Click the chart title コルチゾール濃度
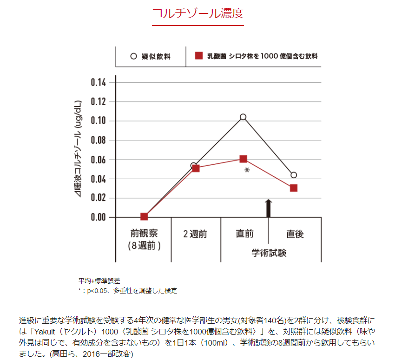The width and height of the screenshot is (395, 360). (197, 13)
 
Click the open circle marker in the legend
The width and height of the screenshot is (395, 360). (133, 56)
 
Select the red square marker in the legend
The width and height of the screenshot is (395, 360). (198, 56)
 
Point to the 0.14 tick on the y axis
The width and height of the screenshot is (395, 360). (98, 83)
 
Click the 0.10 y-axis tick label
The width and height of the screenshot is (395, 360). (98, 121)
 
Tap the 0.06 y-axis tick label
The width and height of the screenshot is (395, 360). (98, 160)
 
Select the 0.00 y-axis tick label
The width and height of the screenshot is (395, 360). (98, 217)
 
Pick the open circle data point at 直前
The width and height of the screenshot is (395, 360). (243, 117)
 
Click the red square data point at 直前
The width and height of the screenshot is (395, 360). (243, 159)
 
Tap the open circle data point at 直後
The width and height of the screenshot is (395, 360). (293, 175)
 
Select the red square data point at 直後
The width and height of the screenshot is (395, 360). (293, 188)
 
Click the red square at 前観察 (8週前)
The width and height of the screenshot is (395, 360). (144, 216)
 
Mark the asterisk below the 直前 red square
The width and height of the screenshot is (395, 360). (247, 171)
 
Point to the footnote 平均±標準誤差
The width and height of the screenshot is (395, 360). (99, 281)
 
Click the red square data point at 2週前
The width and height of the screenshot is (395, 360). (196, 168)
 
